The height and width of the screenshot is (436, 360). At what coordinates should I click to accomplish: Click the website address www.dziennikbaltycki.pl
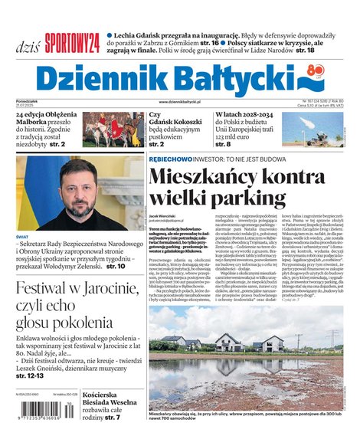pyautogui.click(x=179, y=102)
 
